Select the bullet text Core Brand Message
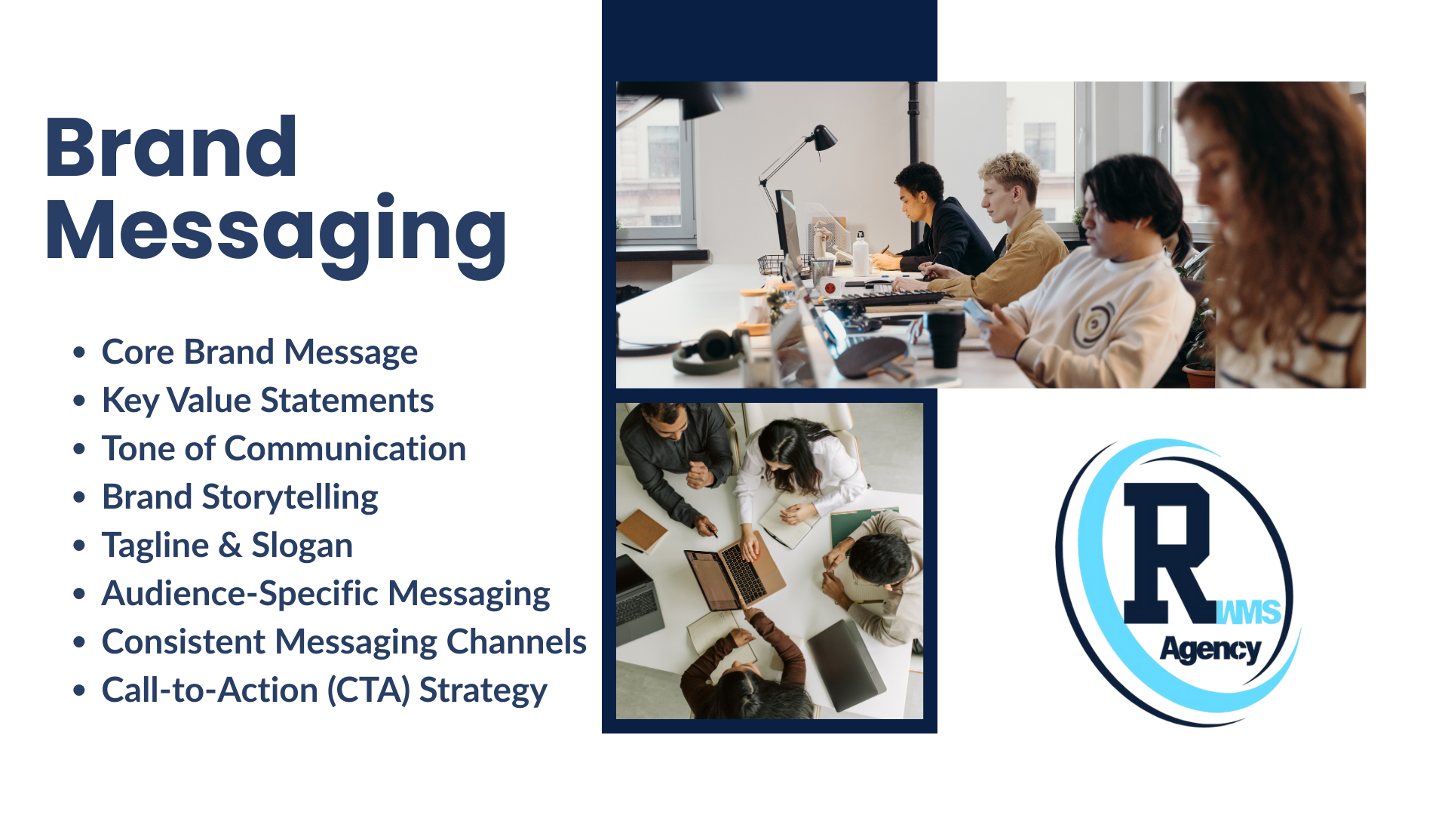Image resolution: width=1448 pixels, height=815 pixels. coord(259,352)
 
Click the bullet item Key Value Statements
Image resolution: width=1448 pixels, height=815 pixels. coord(268,401)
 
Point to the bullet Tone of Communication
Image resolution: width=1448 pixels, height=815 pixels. coord(284,448)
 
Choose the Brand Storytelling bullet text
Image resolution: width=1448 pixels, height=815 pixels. coord(240,497)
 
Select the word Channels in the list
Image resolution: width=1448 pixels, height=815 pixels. coord(517,641)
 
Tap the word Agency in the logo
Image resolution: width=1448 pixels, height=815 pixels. coord(1210,650)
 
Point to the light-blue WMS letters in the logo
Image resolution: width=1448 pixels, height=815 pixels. coord(1249,612)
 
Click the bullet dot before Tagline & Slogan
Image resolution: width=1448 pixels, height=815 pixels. coord(79,545)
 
